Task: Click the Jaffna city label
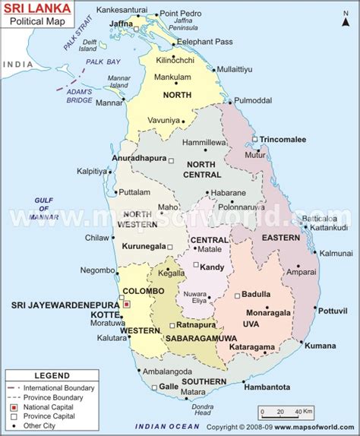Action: click(122, 24)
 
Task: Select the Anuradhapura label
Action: click(140, 160)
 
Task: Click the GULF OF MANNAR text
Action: click(43, 207)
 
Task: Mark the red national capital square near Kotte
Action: click(127, 304)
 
